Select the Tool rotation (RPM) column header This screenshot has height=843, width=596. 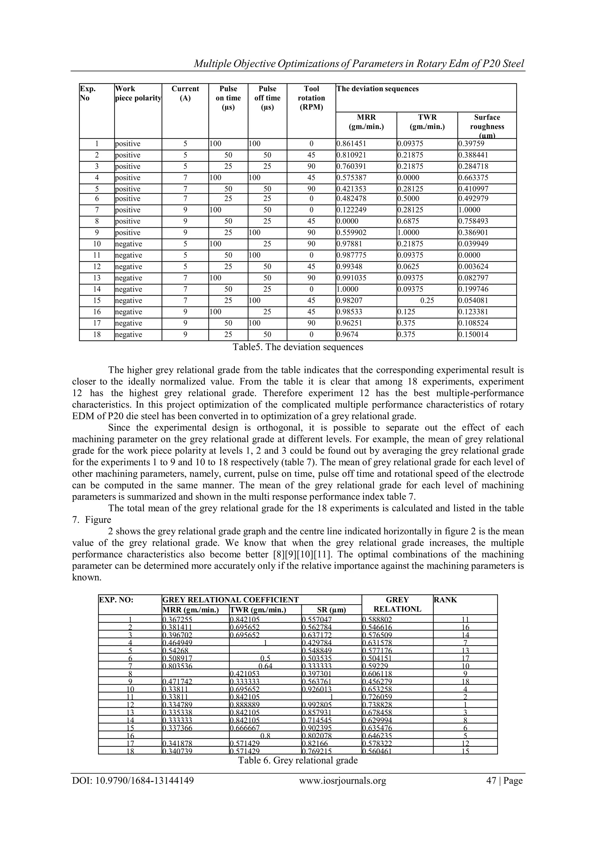coord(311,98)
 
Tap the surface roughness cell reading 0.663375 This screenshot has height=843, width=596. coord(473,178)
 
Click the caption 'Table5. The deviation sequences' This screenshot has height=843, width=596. coord(298,347)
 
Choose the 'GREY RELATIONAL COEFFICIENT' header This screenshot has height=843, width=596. coord(230,600)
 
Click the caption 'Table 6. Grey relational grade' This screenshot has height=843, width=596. coord(298,760)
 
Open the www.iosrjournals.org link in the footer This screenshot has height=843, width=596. coord(343,781)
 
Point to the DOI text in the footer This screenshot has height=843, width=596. coord(133,781)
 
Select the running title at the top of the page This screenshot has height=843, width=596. coord(359,64)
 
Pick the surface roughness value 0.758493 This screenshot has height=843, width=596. coord(473,221)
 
